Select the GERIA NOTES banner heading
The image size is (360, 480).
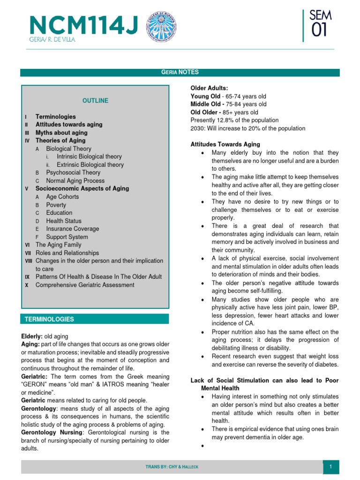pyautogui.click(x=180, y=72)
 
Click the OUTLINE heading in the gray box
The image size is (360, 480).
pyautogui.click(x=95, y=101)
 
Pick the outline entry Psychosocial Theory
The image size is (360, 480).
pyautogui.click(x=73, y=172)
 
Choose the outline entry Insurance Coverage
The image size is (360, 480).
pyautogui.click(x=73, y=229)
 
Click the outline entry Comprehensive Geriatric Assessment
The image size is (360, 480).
pyautogui.click(x=85, y=285)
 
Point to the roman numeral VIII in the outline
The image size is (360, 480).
pyautogui.click(x=28, y=261)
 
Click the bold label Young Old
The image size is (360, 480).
pyautogui.click(x=205, y=96)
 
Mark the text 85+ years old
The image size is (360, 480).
pyautogui.click(x=241, y=112)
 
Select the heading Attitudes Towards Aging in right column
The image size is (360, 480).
pyautogui.click(x=225, y=144)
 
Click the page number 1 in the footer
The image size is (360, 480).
pyautogui.click(x=330, y=467)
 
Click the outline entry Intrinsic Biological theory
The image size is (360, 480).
pyautogui.click(x=89, y=157)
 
